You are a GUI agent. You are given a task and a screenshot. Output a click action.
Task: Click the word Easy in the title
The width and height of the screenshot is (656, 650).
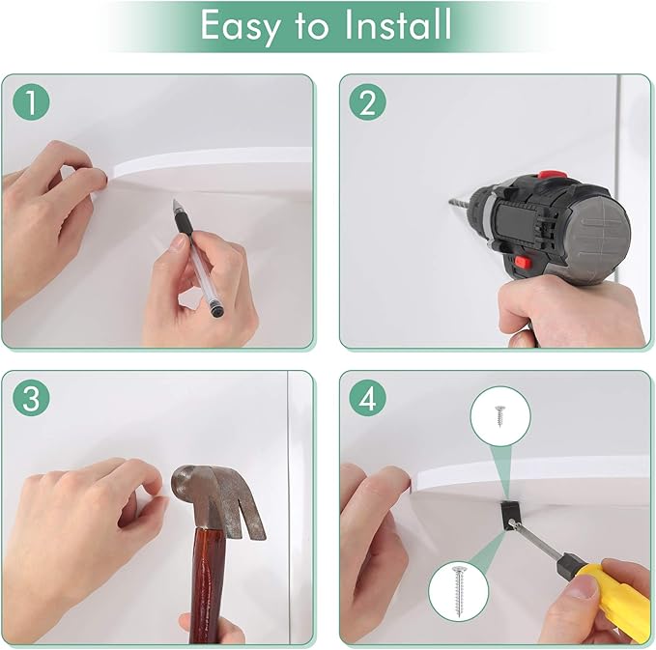(x=241, y=26)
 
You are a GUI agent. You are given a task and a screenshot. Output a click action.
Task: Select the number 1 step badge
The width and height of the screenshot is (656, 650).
(x=31, y=102)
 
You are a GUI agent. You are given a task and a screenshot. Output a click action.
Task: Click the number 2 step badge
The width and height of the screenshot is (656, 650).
(x=368, y=102)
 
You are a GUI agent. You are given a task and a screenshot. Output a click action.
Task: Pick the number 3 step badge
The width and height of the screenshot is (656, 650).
(x=31, y=398)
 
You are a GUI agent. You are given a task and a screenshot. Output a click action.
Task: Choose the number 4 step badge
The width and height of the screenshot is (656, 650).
(x=368, y=398)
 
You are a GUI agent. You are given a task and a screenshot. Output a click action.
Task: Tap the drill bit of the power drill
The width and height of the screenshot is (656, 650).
(x=460, y=204)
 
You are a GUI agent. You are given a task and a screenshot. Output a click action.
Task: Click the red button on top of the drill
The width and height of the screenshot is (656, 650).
(x=550, y=175)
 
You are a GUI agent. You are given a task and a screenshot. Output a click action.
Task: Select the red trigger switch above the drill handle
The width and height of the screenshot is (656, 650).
(x=523, y=263)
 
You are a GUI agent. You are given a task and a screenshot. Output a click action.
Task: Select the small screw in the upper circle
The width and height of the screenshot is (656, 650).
(x=499, y=415)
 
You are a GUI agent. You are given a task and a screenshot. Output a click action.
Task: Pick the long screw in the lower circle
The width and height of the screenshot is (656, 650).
(x=458, y=591)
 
